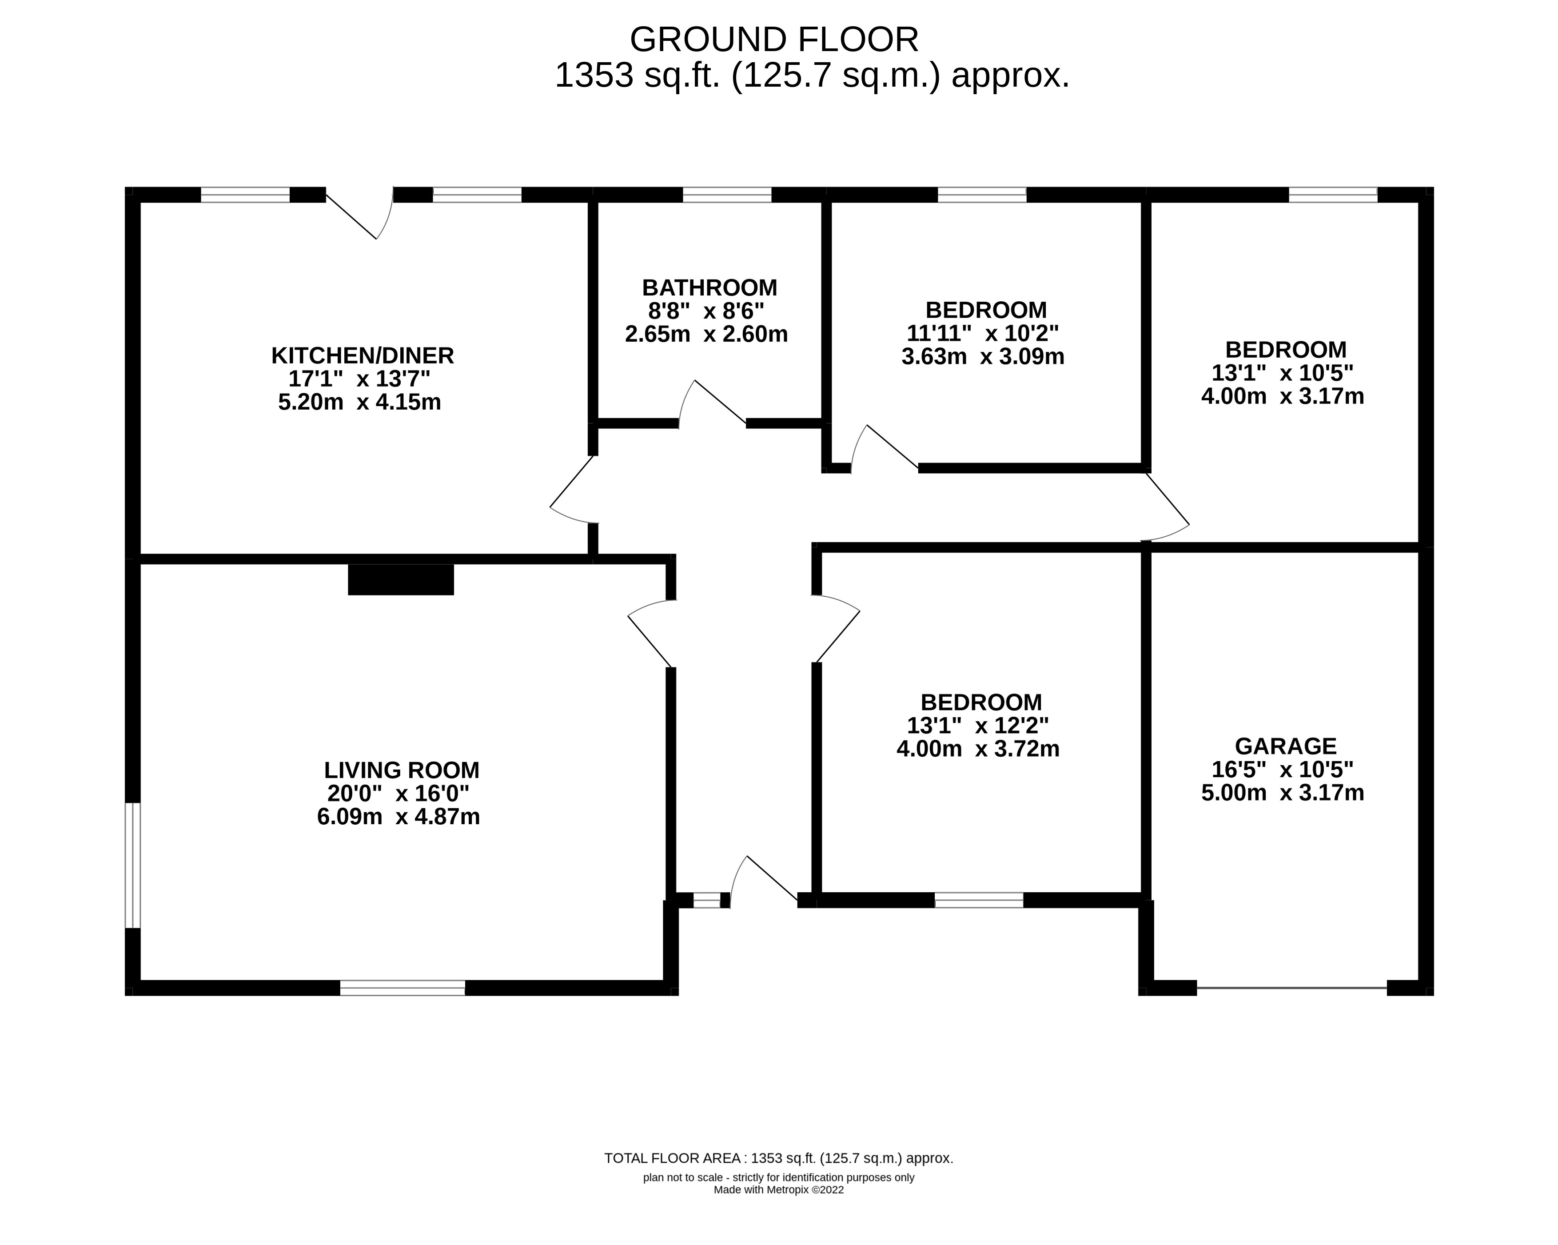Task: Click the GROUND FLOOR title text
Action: coord(774,40)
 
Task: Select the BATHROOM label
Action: coord(709,287)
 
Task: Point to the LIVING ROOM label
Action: coord(401,770)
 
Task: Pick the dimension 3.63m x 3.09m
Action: coord(982,356)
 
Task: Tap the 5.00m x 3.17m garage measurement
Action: coord(1282,793)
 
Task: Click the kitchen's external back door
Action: coord(359,215)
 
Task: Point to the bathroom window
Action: coord(726,194)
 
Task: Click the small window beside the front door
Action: coord(707,900)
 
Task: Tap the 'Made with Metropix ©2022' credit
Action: coord(778,1190)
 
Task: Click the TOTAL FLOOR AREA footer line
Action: coord(778,1158)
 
